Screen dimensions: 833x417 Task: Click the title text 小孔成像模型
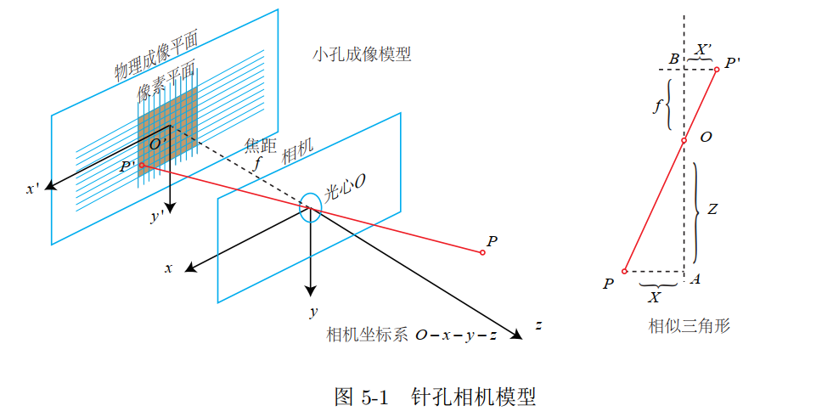pyautogui.click(x=362, y=54)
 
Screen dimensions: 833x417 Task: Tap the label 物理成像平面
pyautogui.click(x=156, y=56)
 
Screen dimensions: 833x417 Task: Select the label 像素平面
pyautogui.click(x=166, y=80)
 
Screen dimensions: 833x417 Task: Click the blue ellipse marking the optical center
pyautogui.click(x=310, y=207)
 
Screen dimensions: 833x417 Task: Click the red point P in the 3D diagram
pyautogui.click(x=482, y=252)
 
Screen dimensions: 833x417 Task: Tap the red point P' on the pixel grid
pyautogui.click(x=142, y=166)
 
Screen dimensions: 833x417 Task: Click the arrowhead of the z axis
pyautogui.click(x=515, y=333)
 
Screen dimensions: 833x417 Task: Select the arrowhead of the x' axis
pyautogui.click(x=50, y=185)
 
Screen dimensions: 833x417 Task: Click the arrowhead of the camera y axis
pyautogui.click(x=310, y=290)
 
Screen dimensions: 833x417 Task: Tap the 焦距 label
pyautogui.click(x=260, y=145)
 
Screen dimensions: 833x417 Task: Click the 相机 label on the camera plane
pyautogui.click(x=297, y=151)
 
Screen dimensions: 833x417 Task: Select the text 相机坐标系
pyautogui.click(x=367, y=335)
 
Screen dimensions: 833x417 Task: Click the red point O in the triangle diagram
pyautogui.click(x=684, y=140)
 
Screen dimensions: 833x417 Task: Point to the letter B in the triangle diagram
pyautogui.click(x=673, y=59)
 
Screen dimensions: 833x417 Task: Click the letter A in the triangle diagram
pyautogui.click(x=695, y=279)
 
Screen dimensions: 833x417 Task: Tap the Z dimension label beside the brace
pyautogui.click(x=712, y=209)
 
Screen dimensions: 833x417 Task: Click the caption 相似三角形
pyautogui.click(x=689, y=325)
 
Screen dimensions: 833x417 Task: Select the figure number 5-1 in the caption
pyautogui.click(x=375, y=397)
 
